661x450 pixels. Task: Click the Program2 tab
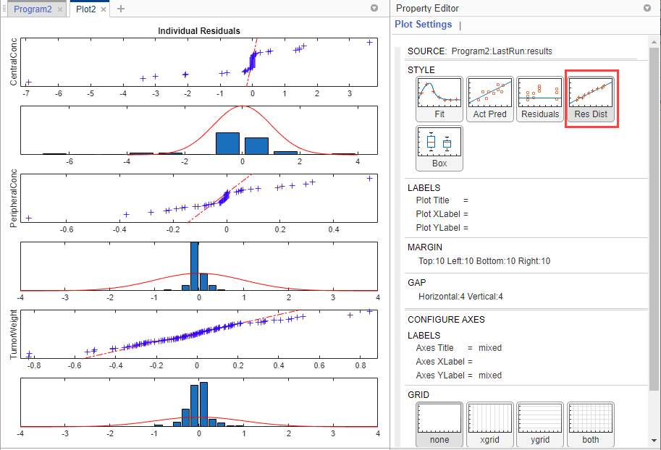(33, 9)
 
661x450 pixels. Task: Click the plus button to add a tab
(121, 9)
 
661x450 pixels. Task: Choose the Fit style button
(439, 99)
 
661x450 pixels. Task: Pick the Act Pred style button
(490, 99)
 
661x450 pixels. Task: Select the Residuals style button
(540, 99)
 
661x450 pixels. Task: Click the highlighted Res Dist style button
(591, 99)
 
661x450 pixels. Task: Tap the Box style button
(439, 148)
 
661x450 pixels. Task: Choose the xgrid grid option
(490, 425)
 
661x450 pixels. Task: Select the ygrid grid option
(540, 425)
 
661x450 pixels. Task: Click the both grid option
(591, 425)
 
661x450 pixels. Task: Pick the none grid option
(439, 425)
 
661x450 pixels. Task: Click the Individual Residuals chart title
(199, 31)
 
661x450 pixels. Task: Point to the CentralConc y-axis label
(14, 61)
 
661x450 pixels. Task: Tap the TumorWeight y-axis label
(14, 335)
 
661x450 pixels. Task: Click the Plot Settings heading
(423, 25)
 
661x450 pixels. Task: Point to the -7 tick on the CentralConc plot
(27, 94)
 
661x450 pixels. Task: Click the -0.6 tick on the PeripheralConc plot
(67, 229)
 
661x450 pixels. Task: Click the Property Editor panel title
(426, 8)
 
